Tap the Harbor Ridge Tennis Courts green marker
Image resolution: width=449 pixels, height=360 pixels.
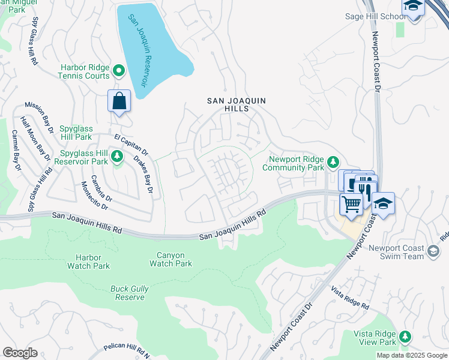(x=119, y=71)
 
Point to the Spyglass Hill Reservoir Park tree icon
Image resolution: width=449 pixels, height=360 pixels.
(x=118, y=157)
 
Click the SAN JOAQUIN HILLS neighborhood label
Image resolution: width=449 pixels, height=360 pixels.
(x=235, y=106)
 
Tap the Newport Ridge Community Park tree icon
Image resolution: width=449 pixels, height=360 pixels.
(x=333, y=161)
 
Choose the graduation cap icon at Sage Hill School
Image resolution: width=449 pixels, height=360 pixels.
(x=413, y=6)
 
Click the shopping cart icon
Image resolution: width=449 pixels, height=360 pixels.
(x=351, y=204)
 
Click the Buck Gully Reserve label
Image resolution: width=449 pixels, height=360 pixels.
(x=128, y=293)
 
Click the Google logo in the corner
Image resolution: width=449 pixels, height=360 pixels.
(x=20, y=353)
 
